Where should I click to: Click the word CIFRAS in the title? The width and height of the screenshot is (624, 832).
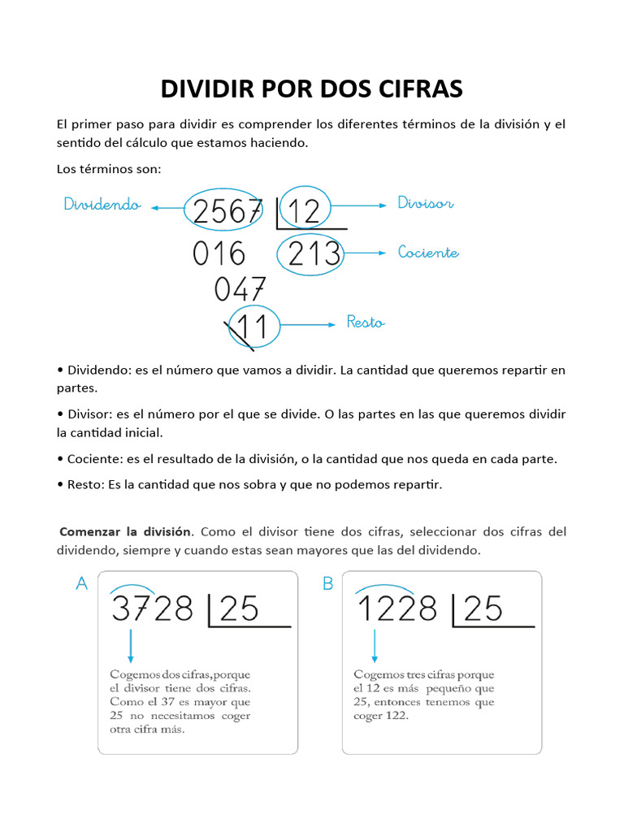413,89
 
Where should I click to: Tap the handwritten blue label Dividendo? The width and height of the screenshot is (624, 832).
102,205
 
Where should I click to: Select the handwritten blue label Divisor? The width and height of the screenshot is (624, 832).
425,202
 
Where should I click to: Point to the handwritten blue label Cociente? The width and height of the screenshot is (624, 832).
428,253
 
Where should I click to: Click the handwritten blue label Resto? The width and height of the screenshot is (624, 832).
366,323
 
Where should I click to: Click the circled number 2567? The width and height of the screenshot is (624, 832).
228,212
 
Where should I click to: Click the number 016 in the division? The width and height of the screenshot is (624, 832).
219,254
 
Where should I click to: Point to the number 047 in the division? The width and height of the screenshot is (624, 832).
240,290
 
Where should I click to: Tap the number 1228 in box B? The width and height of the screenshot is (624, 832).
397,609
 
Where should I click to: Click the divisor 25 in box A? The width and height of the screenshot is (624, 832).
239,609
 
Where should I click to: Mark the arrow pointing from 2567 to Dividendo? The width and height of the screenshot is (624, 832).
167,207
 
